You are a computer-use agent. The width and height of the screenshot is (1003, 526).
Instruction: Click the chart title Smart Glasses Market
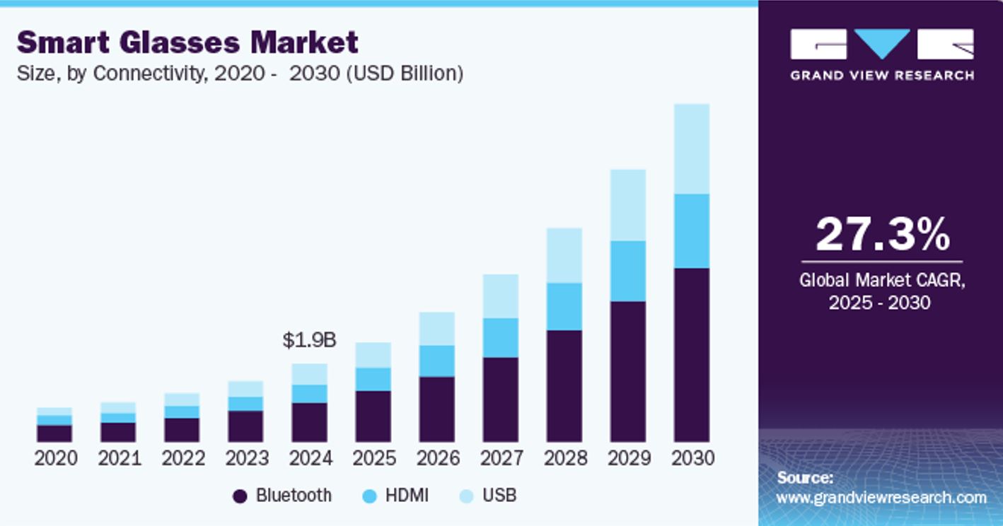pyautogui.click(x=187, y=43)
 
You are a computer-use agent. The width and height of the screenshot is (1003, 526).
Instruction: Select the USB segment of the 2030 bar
pyautogui.click(x=691, y=148)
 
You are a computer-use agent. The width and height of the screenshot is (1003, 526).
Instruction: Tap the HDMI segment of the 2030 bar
pyautogui.click(x=691, y=231)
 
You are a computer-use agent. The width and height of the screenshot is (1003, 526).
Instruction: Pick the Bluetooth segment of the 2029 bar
pyautogui.click(x=627, y=372)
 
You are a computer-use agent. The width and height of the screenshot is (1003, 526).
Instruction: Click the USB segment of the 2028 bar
pyautogui.click(x=564, y=255)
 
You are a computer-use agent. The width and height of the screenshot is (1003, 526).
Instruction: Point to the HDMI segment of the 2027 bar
pyautogui.click(x=500, y=338)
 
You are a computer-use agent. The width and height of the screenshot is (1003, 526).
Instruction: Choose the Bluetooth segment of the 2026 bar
pyautogui.click(x=436, y=409)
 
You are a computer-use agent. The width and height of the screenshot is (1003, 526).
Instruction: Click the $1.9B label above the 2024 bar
pyautogui.click(x=309, y=340)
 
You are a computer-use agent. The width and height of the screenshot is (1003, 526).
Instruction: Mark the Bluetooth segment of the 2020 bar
pyautogui.click(x=54, y=433)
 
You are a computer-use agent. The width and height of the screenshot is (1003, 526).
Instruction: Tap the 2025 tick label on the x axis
pyautogui.click(x=374, y=458)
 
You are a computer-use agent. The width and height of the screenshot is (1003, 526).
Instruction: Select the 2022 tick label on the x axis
pyautogui.click(x=183, y=458)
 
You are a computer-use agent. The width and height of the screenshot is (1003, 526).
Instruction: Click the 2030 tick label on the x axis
pyautogui.click(x=692, y=458)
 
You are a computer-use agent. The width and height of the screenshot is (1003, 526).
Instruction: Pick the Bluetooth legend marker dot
pyautogui.click(x=240, y=496)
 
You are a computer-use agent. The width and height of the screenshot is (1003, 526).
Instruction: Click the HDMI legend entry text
pyautogui.click(x=407, y=496)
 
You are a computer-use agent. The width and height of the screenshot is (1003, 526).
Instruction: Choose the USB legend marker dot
pyautogui.click(x=466, y=496)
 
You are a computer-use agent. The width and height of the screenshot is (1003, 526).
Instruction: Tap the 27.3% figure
pyautogui.click(x=882, y=235)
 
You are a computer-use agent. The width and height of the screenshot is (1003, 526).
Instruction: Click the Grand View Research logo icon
pyautogui.click(x=881, y=44)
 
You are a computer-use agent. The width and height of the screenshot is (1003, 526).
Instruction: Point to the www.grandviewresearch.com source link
pyautogui.click(x=881, y=498)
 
